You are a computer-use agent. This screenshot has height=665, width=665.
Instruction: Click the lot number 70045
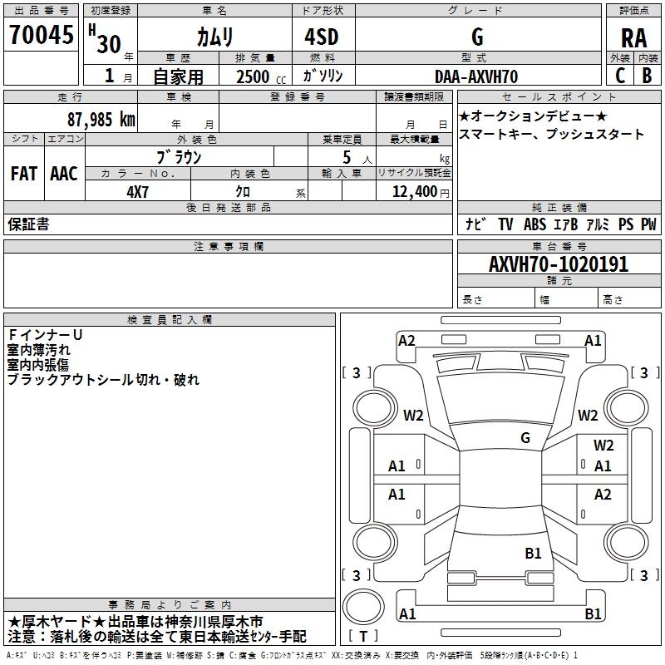(41, 35)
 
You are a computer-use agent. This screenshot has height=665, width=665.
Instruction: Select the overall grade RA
(634, 38)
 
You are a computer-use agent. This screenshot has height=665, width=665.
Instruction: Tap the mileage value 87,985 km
(101, 120)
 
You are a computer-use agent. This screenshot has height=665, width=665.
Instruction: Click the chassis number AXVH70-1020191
(559, 264)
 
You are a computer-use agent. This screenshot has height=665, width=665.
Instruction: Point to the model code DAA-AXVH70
(476, 76)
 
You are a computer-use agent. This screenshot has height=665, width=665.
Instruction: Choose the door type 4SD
(322, 37)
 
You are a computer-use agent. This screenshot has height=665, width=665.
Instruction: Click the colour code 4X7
(137, 192)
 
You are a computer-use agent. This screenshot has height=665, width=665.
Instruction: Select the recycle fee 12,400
(414, 192)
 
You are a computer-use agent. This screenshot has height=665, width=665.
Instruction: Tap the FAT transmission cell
(24, 174)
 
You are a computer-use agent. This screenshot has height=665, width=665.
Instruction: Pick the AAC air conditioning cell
(64, 174)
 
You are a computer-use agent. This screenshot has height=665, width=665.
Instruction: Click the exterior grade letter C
(620, 76)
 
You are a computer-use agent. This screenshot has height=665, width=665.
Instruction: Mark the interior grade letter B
(647, 76)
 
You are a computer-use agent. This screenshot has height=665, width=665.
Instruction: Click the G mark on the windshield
(525, 438)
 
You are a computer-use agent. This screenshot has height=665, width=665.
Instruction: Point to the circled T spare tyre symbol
(363, 607)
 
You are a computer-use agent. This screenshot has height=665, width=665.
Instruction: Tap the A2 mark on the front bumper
(406, 341)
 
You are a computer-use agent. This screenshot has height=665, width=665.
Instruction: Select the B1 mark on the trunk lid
(533, 553)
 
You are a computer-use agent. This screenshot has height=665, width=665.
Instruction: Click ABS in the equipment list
(534, 224)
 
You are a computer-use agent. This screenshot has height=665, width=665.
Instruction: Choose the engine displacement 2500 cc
(261, 76)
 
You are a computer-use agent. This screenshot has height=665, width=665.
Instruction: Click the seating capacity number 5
(347, 157)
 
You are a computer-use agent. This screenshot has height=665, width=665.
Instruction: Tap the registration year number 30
(109, 44)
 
